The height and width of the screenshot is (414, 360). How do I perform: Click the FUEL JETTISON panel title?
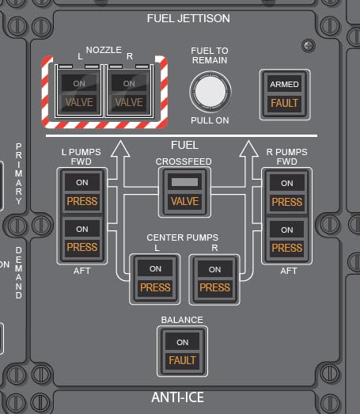pyautogui.click(x=188, y=18)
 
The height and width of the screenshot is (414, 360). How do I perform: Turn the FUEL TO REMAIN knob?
pyautogui.click(x=210, y=92)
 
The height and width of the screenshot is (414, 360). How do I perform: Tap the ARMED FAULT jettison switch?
pyautogui.click(x=285, y=94)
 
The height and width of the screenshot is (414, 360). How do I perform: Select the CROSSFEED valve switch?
pyautogui.click(x=184, y=192)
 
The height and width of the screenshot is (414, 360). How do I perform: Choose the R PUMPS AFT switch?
pyautogui.click(x=287, y=239)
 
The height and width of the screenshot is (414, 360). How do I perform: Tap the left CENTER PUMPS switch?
pyautogui.click(x=155, y=279)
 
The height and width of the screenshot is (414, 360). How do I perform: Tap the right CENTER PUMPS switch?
pyautogui.click(x=214, y=279)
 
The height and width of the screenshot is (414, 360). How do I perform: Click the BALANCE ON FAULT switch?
pyautogui.click(x=183, y=351)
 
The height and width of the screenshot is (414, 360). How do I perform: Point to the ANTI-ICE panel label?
pyautogui.click(x=177, y=397)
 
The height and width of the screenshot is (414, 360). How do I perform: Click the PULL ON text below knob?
pyautogui.click(x=210, y=120)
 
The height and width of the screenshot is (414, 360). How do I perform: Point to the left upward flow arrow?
pyautogui.click(x=120, y=164)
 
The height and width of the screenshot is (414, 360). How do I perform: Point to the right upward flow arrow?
pyautogui.click(x=248, y=164)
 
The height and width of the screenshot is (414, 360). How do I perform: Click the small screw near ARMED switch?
pyautogui.click(x=309, y=46)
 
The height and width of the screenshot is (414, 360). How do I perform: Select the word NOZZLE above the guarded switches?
pyautogui.click(x=104, y=50)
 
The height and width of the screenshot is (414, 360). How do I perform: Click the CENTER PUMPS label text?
pyautogui.click(x=183, y=237)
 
